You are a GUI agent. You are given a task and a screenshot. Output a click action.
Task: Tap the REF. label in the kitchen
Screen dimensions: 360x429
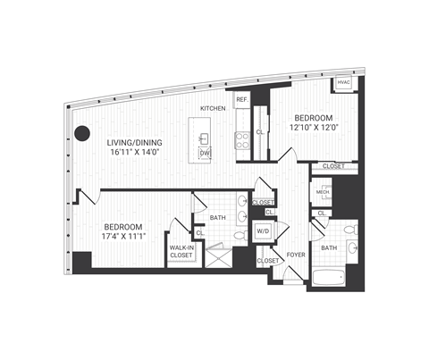241,100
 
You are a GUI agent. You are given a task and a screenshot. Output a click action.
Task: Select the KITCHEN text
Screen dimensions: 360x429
213,108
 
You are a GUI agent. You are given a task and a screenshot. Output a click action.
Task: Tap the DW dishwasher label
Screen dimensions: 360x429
205,154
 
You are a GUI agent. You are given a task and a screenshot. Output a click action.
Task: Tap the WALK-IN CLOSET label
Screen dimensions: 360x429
181,252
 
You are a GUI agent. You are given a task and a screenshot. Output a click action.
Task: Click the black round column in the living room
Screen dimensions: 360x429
82,133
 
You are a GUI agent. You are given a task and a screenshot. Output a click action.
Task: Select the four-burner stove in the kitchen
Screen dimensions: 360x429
241,138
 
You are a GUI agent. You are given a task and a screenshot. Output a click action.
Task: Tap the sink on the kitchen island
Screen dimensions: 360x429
205,138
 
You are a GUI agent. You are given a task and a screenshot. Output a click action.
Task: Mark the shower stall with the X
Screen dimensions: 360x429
216,258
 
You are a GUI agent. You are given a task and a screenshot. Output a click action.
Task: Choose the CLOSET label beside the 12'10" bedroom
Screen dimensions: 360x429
333,166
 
